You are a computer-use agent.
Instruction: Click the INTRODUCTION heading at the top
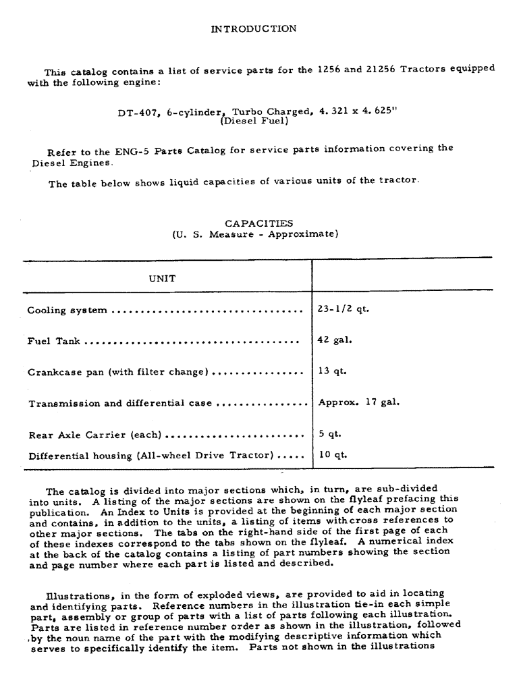(x=253, y=28)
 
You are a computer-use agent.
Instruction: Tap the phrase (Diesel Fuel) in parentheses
(x=254, y=122)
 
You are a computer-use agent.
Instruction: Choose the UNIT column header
(x=162, y=278)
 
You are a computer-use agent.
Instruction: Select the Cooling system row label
(x=67, y=310)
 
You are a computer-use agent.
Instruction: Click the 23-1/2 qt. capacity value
(x=344, y=310)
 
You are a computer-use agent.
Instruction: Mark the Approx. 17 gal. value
(x=358, y=402)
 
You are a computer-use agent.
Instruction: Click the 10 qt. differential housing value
(x=332, y=454)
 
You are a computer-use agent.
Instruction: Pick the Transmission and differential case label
(x=120, y=404)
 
